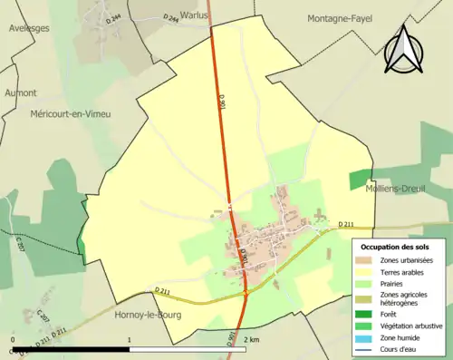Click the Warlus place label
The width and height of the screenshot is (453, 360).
click(193, 15)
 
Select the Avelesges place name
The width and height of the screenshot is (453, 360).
click(29, 27)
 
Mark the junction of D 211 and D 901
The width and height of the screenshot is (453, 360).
click(246, 293)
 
